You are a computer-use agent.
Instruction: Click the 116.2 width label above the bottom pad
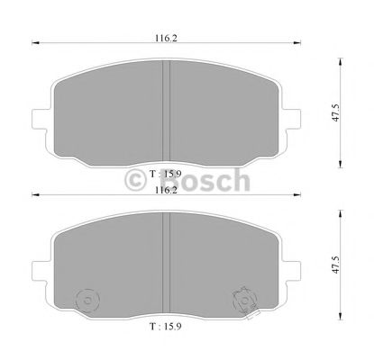pyautogui.click(x=165, y=190)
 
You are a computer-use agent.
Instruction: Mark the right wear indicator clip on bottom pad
pyautogui.click(x=242, y=297)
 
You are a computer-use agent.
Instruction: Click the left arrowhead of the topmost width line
pyautogui.click(x=35, y=42)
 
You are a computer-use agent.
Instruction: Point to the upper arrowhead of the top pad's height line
pyautogui.click(x=341, y=62)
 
